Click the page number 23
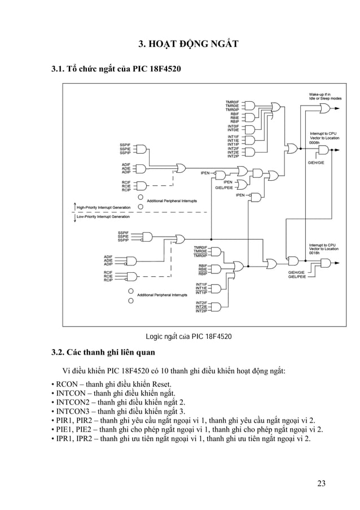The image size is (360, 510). [x=321, y=483]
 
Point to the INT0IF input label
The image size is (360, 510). [x=233, y=126]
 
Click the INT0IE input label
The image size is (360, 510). [x=233, y=130]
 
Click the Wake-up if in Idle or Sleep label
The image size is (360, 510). [x=324, y=96]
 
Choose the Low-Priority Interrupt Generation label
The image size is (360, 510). [x=103, y=216]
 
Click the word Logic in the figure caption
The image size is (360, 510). [x=155, y=337]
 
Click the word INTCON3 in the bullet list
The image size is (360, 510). [x=73, y=412]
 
